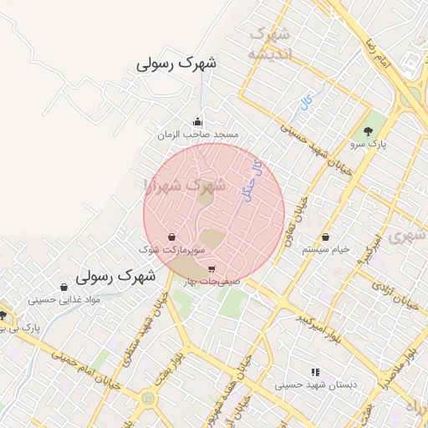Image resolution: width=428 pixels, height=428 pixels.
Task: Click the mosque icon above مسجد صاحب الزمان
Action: click(x=197, y=121)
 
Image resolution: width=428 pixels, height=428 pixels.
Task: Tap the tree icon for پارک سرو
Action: click(x=369, y=131)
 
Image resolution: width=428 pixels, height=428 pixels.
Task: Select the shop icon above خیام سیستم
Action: click(x=325, y=237)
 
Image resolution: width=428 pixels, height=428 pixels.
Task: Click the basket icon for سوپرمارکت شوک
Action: click(x=171, y=237)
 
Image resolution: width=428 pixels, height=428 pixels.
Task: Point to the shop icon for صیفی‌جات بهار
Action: click(x=211, y=269)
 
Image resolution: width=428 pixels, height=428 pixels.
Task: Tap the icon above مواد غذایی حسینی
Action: click(x=64, y=287)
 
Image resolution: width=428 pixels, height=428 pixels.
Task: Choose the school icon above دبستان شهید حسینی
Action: click(x=315, y=372)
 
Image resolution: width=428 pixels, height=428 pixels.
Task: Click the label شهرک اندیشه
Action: click(x=269, y=43)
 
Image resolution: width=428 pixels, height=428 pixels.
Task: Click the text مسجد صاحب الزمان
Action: click(x=197, y=135)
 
